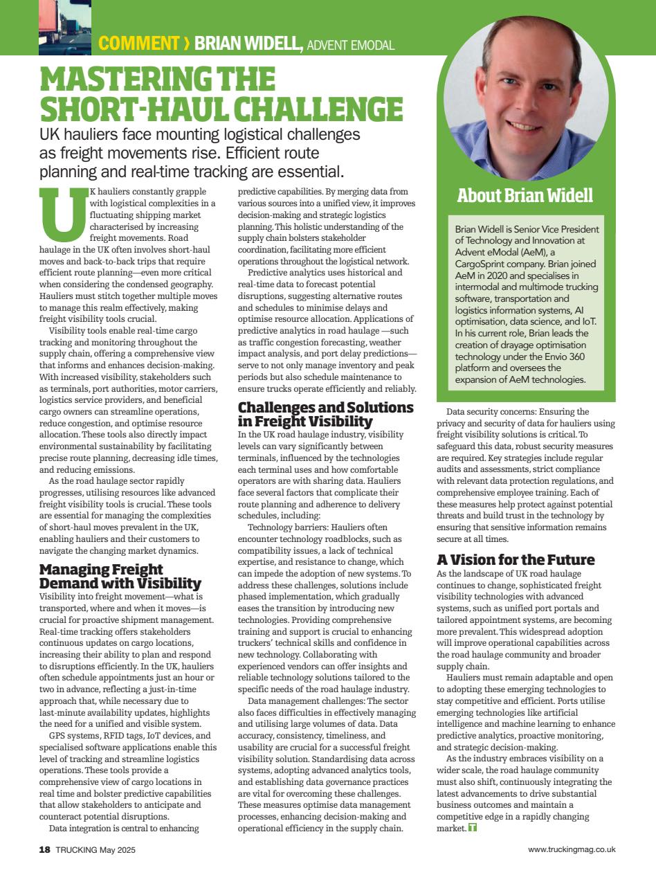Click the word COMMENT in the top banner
[138, 43]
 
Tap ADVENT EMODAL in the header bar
[350, 45]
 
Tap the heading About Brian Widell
[525, 195]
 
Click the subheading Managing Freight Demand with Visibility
[120, 576]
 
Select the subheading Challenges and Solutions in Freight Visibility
[325, 414]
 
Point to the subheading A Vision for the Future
[516, 559]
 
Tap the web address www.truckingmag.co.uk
[571, 849]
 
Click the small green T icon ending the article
[473, 828]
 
